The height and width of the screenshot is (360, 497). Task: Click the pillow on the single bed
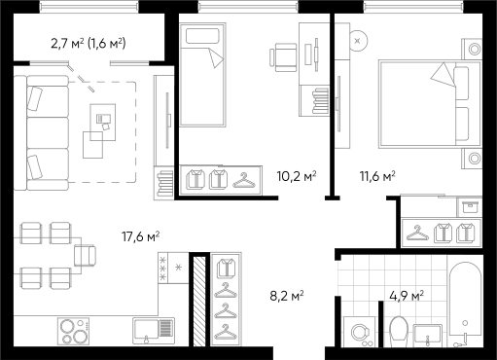click(201, 37)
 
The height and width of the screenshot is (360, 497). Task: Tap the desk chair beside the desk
click(284, 54)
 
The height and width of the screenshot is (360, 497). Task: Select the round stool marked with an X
click(359, 41)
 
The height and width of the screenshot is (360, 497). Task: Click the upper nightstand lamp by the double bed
click(474, 48)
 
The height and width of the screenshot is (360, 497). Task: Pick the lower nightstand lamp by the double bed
click(474, 158)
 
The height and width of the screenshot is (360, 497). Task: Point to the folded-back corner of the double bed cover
click(444, 74)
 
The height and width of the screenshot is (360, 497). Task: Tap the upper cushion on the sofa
click(36, 99)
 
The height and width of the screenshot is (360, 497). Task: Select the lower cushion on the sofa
click(36, 166)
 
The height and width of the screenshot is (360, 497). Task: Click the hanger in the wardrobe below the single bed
click(243, 179)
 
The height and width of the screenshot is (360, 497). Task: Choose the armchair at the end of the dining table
click(85, 255)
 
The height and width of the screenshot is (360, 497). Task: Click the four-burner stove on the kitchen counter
click(72, 331)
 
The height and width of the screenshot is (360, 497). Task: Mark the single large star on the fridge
click(179, 266)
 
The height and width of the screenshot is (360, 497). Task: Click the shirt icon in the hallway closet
click(226, 268)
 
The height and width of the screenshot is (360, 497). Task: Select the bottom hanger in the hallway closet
click(226, 331)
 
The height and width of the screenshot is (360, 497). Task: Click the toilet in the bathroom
click(398, 330)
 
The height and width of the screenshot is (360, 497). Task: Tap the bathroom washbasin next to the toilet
click(429, 335)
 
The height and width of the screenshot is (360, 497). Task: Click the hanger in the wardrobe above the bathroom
click(418, 233)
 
